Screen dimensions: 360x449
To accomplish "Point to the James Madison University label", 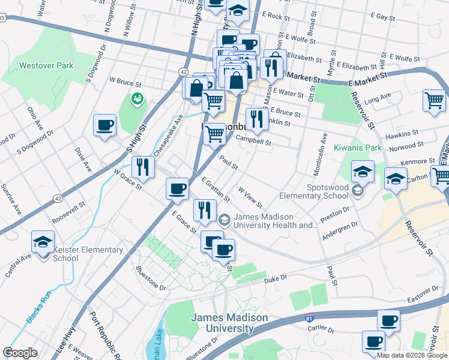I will pos(221,323).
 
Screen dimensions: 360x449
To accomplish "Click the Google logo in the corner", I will pos(20,353).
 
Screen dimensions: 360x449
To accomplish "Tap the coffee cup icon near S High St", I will pos(105,125).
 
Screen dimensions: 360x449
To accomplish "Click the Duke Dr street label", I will pos(276,278).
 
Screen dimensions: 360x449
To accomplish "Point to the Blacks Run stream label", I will pos(38,307).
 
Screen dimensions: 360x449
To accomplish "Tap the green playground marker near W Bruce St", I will pos(137,98).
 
